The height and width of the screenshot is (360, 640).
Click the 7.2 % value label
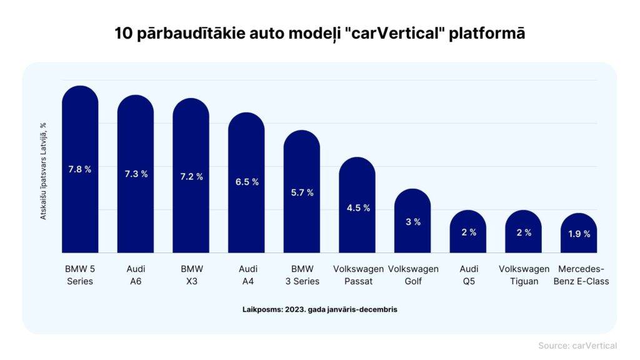[x=191, y=177]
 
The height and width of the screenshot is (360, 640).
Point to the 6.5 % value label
[x=246, y=182]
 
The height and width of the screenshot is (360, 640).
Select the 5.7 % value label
[x=302, y=192]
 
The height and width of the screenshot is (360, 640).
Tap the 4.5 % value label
[x=357, y=208]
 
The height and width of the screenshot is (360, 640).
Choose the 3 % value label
[x=412, y=222]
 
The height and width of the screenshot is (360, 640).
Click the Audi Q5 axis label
[x=468, y=275]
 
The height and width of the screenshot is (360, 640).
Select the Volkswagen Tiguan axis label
[x=524, y=275]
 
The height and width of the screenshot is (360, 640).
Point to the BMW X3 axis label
[x=191, y=275]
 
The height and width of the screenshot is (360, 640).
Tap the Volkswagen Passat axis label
[x=357, y=275]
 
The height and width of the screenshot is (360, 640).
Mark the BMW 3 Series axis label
[x=302, y=275]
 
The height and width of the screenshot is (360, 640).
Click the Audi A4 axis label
[x=246, y=275]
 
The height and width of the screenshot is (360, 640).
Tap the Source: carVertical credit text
[x=577, y=346]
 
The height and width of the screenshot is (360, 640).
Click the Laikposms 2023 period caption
[x=319, y=309]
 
